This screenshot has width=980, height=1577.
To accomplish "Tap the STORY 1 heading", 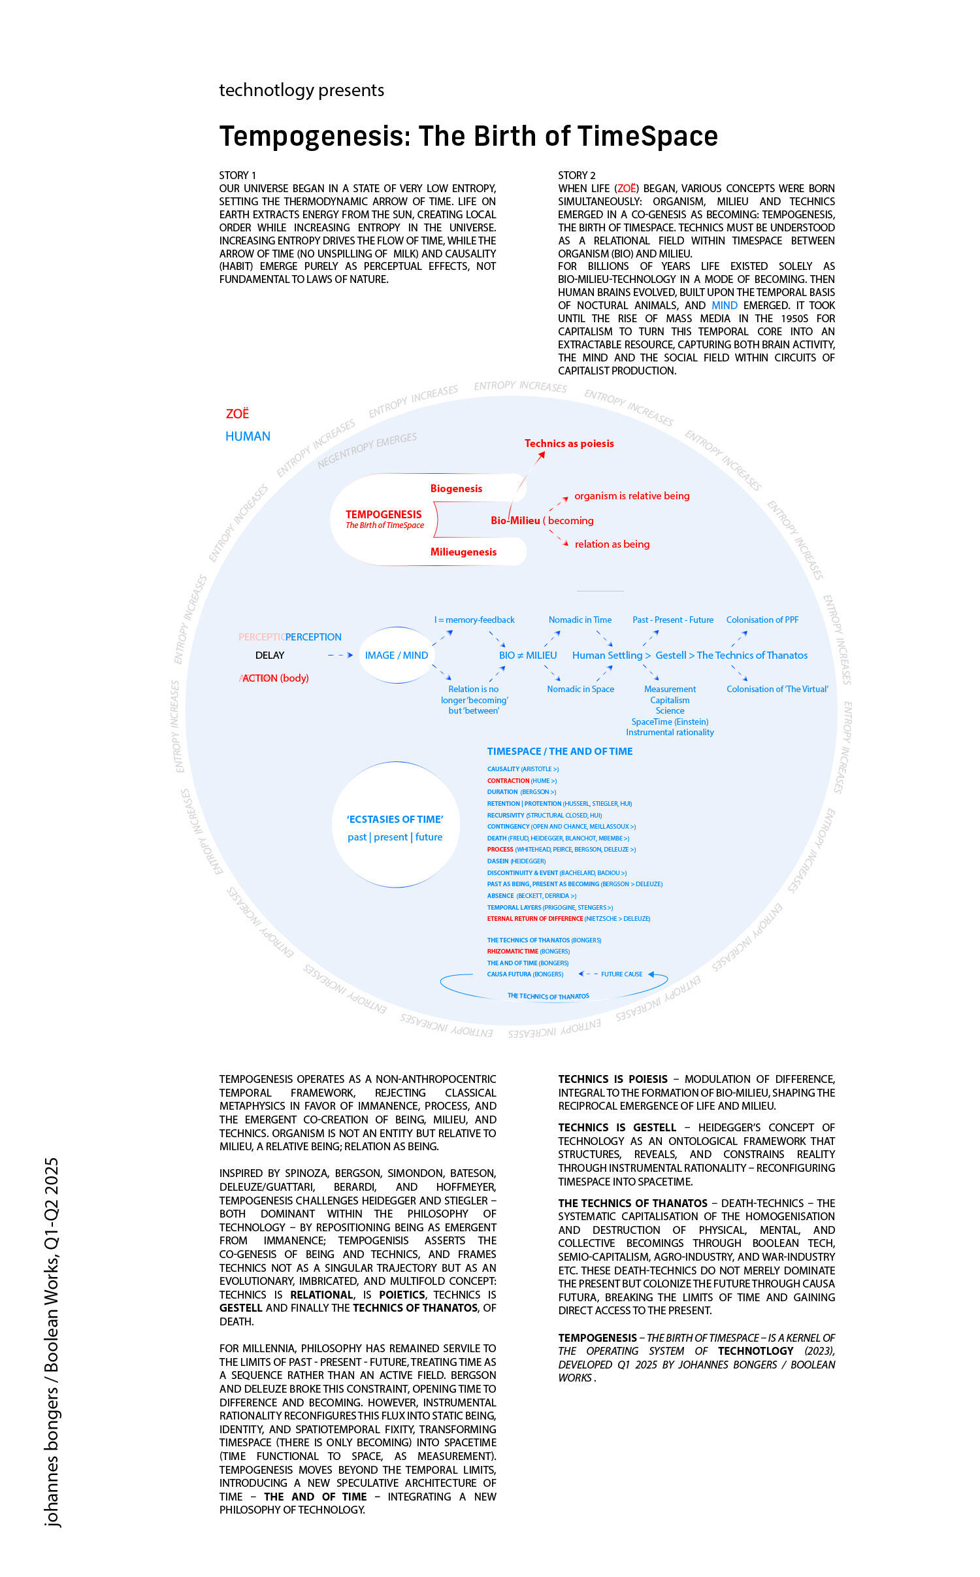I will [x=237, y=175].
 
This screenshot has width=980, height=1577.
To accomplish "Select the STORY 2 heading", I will [x=576, y=175].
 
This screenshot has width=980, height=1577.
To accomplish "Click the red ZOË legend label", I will [x=237, y=414].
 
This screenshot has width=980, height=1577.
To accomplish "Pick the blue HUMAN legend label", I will [x=248, y=437].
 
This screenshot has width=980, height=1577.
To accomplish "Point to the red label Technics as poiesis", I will [x=569, y=443].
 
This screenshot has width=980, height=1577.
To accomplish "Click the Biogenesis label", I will [x=456, y=488].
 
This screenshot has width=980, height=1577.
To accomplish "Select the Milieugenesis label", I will [x=463, y=552].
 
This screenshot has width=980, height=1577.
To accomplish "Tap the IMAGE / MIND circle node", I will [x=397, y=655].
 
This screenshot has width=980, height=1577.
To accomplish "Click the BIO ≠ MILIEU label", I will [x=528, y=655].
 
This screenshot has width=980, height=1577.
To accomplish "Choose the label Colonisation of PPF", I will [x=762, y=620].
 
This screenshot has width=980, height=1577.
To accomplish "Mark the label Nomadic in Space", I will [x=580, y=689].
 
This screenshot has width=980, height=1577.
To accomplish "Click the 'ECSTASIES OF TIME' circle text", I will [x=395, y=819].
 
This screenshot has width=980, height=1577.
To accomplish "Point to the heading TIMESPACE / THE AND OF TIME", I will [x=560, y=752].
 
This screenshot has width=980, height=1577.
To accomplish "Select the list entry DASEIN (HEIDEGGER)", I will [x=516, y=861].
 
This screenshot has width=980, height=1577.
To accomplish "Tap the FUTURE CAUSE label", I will [x=621, y=974].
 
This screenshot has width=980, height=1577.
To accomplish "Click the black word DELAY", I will [x=270, y=655].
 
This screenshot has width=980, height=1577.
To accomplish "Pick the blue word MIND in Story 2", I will [x=724, y=305].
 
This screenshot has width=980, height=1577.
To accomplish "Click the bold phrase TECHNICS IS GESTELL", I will [x=617, y=1127].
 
